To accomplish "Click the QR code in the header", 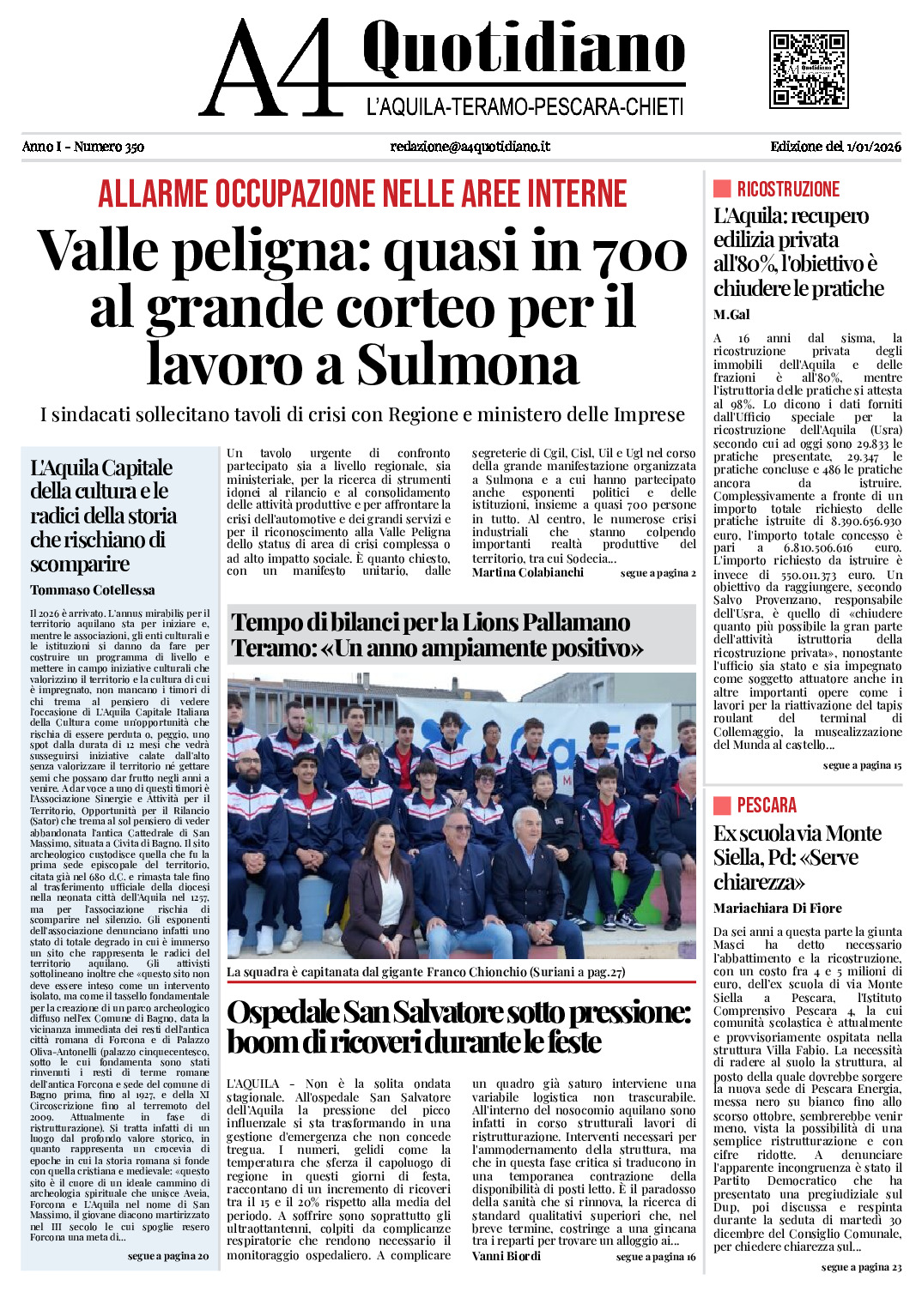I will pos(808,69).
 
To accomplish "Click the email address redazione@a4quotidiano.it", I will pos(470,147).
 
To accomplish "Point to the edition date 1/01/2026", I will pos(873,147).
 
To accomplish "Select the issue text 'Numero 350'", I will pos(109,147).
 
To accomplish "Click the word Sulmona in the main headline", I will pos(468,365).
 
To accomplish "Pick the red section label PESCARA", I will pos(766,806).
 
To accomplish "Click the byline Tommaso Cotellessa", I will pos(93,590).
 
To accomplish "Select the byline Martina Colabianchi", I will pos(527,572).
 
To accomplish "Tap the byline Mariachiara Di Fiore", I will pos(777,908).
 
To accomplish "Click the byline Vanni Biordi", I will pos(506,1256).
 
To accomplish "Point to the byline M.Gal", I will pos(731,315).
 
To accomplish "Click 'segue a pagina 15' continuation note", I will pos(862,765).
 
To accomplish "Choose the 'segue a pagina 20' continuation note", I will pos(167,1256).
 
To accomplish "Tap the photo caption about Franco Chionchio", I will pos(426,972).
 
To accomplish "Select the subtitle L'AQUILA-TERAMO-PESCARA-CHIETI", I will pos(525,107).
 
